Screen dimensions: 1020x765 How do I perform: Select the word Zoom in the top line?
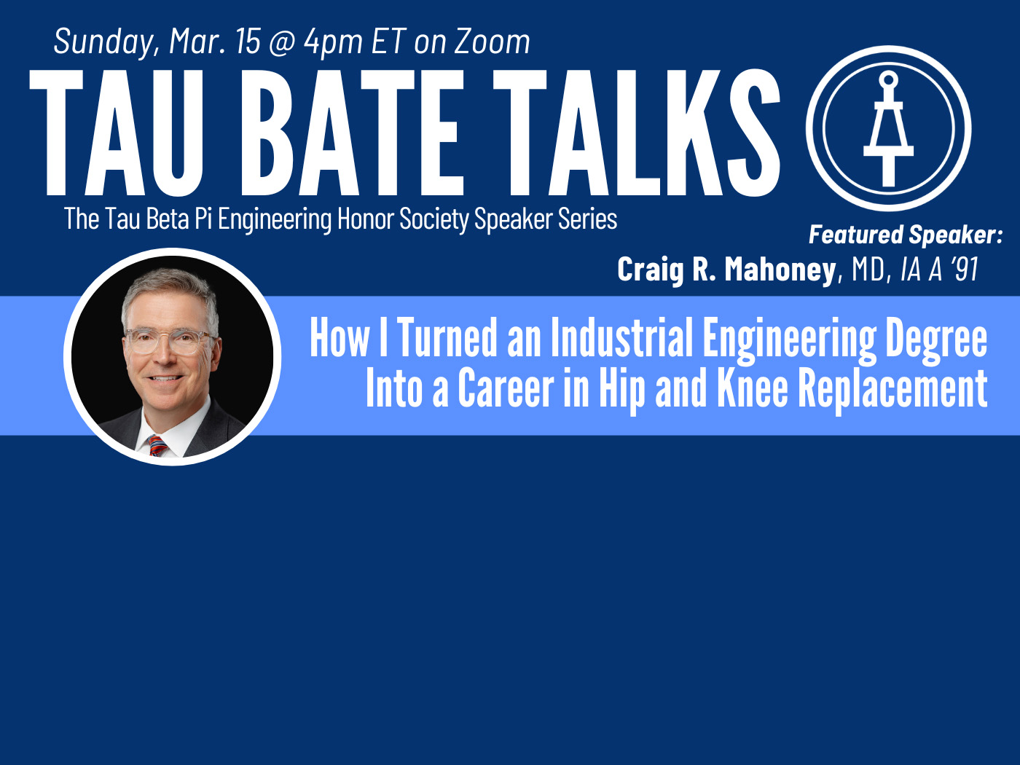coord(492,42)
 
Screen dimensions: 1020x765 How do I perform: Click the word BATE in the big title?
coord(352,133)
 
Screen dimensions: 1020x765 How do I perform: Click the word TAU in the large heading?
coord(116,133)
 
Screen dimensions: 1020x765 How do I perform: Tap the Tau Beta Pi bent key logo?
coord(888,128)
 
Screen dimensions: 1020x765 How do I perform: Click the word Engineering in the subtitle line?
coord(275,219)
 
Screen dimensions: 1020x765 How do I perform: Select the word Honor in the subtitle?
coord(365,219)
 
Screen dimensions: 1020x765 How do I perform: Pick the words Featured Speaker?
coord(905,235)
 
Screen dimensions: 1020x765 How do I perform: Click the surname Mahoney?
coord(780,270)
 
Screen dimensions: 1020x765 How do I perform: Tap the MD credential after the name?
coord(868,270)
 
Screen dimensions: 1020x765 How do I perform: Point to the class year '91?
coord(964,270)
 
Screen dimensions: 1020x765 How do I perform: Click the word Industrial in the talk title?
coord(621,337)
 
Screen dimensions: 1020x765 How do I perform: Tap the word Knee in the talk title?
coord(753,388)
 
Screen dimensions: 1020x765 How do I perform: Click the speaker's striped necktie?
coord(158,445)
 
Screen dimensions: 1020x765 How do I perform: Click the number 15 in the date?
coord(248,42)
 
